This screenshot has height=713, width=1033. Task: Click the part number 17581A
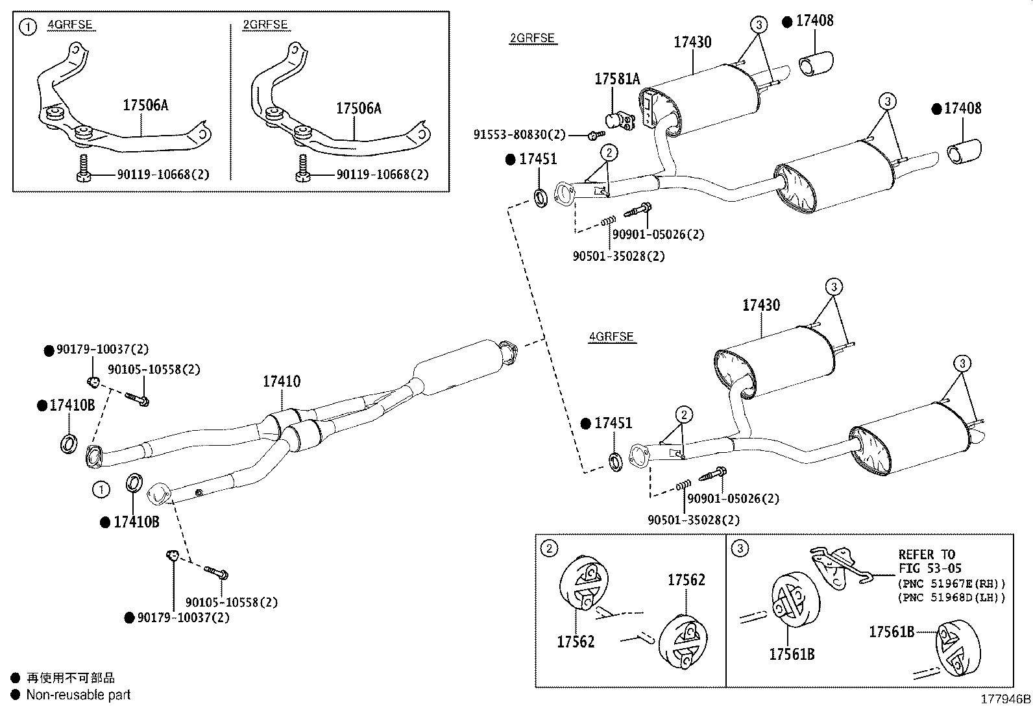tap(617, 79)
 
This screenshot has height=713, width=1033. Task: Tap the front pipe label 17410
tap(282, 381)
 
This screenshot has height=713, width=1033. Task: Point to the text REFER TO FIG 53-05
tap(927, 561)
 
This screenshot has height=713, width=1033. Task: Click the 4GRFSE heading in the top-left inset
tap(70, 25)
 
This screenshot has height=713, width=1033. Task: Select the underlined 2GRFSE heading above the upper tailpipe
tap(532, 38)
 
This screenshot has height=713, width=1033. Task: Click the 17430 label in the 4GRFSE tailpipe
tap(761, 305)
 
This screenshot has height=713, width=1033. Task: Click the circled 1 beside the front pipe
tap(101, 489)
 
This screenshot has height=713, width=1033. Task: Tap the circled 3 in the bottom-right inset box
tap(740, 549)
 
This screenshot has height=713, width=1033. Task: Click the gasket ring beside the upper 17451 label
tap(540, 195)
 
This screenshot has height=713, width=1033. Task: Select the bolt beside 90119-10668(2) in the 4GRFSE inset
tap(82, 170)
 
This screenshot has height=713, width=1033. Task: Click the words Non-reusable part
tap(78, 695)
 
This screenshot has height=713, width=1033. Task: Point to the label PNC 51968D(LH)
tap(952, 598)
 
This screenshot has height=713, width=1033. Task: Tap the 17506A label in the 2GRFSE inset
tap(358, 108)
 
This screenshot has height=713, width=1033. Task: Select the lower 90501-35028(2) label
tap(693, 520)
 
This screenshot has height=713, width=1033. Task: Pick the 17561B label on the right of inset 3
tap(892, 631)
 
